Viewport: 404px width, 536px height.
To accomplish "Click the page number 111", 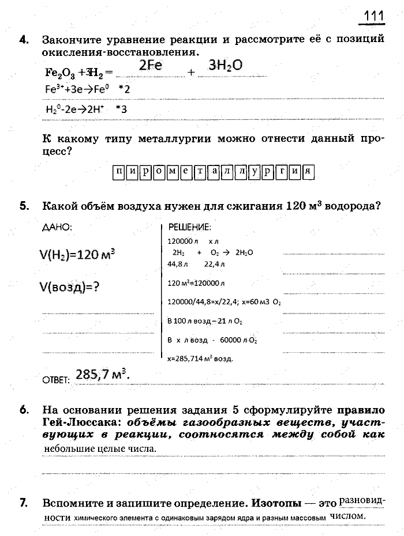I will tap(373, 15).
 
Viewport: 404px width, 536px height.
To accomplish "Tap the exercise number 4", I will tap(24, 40).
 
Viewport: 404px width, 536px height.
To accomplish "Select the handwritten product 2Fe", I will tap(150, 66).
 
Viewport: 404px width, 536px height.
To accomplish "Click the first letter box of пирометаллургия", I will tap(119, 171).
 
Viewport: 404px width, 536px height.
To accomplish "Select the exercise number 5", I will tap(24, 206).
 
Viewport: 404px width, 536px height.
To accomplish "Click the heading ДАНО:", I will tap(58, 228).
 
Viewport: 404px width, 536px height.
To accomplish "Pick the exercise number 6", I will tap(24, 410).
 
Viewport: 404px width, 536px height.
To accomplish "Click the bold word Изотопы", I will tap(276, 503).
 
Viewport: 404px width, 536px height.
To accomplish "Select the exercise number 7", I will tap(24, 503).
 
